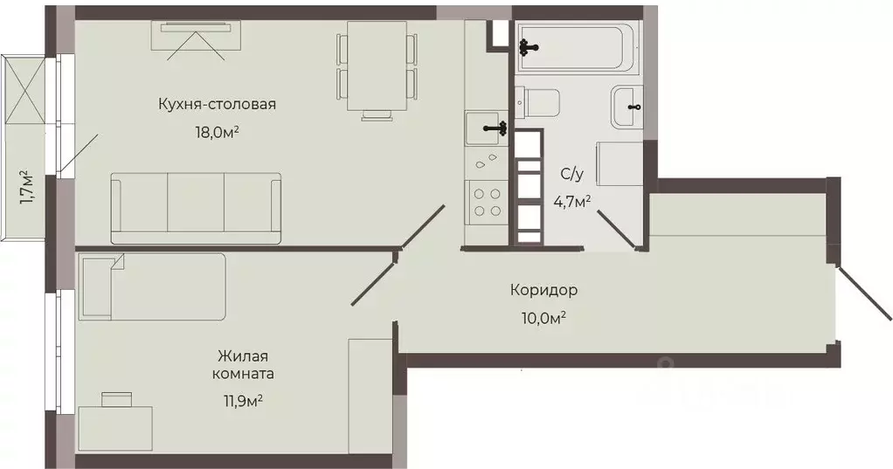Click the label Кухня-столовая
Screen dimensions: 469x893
[217, 104]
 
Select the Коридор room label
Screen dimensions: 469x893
[543, 289]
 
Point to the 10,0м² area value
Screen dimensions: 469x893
[543, 317]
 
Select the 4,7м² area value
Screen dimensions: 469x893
[571, 201]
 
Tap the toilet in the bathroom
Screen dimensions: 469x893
[537, 103]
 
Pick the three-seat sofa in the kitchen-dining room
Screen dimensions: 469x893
[196, 208]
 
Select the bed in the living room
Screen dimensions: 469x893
[153, 286]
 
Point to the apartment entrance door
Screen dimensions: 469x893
[863, 293]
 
